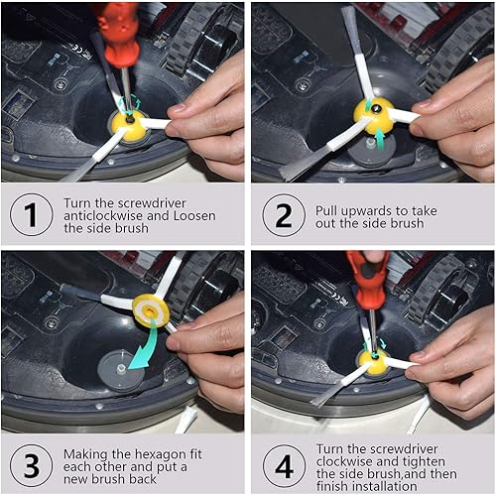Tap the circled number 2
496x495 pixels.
(284, 215)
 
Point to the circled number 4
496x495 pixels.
(284, 462)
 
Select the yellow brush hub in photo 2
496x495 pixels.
(376, 118)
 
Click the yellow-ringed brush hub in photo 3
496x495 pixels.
(152, 309)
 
